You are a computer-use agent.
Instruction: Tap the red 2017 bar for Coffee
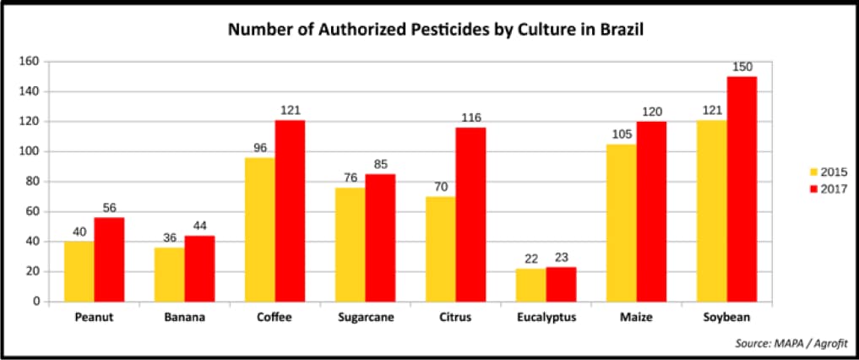[x=290, y=210]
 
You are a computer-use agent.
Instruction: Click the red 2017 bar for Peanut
[x=109, y=259]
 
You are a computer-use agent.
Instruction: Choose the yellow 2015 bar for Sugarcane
[x=350, y=244]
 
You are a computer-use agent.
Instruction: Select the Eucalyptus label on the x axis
[x=546, y=318]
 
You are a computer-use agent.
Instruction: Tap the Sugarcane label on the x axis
[x=365, y=318]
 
